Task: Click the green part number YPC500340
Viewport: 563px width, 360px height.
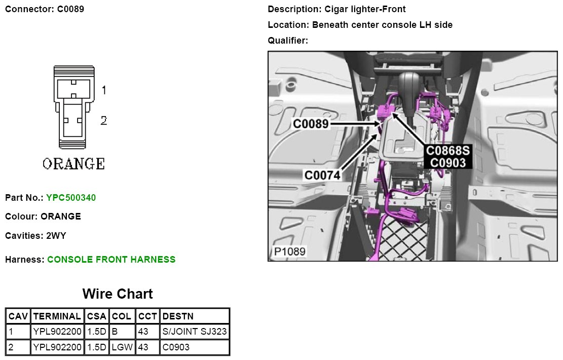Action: [x=71, y=197]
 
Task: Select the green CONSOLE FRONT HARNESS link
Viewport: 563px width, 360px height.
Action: [x=111, y=260]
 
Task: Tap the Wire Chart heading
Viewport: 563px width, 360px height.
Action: [x=118, y=294]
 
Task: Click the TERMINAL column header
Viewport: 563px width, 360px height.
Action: [x=57, y=316]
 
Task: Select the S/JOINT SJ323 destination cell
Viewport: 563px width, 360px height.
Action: [x=195, y=332]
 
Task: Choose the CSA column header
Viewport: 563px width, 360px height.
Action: [x=96, y=316]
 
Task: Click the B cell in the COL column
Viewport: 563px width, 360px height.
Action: [x=115, y=332]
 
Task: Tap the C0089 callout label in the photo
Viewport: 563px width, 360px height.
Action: [x=311, y=123]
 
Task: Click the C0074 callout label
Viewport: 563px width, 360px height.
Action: [x=322, y=175]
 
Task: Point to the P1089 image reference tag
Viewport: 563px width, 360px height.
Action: [x=289, y=251]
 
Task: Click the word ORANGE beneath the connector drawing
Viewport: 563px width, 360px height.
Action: [x=73, y=164]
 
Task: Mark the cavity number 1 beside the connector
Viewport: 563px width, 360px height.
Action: [x=103, y=90]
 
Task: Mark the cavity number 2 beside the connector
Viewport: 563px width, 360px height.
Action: [x=103, y=121]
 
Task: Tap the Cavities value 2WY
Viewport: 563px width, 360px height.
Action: [x=56, y=236]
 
